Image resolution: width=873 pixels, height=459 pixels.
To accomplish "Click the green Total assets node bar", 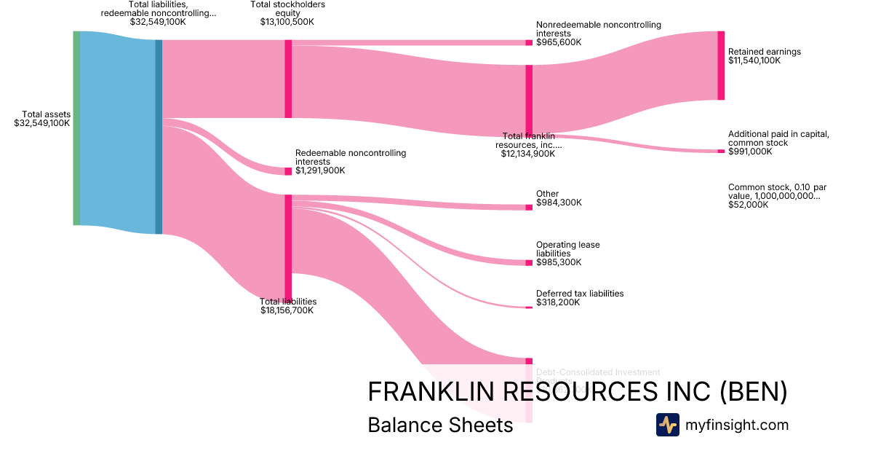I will point(76,128).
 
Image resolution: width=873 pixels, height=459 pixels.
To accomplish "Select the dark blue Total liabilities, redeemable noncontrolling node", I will point(159,137).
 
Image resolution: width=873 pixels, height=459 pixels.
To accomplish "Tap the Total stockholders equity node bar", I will point(288,79).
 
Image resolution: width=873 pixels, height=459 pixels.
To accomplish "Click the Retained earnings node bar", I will point(721,66).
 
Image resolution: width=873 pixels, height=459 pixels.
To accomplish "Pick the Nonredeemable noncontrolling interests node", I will point(529,43).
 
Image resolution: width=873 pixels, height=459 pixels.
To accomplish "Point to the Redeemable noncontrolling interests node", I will point(288,171).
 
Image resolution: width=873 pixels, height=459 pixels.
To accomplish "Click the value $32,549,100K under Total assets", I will point(42,123).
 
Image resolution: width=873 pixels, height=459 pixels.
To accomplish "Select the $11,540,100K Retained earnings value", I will point(754,60).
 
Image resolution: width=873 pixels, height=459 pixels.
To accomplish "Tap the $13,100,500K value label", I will point(287,22).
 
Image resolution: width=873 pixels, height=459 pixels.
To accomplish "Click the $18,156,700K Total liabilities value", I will point(287,310).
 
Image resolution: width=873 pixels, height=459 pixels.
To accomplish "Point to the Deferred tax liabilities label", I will point(580,294).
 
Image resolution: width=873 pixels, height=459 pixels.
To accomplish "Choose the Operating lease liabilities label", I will point(568,249).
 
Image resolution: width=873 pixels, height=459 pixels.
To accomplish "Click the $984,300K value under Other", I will point(559,203).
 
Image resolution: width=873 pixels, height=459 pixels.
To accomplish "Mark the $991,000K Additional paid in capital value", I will point(750,152).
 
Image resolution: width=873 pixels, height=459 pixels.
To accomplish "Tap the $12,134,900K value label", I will point(528,154).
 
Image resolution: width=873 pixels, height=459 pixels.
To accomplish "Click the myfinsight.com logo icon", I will point(667,425).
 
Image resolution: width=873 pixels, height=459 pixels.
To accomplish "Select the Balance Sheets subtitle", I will point(440,425).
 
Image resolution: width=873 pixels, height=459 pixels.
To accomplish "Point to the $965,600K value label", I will point(559,42).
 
